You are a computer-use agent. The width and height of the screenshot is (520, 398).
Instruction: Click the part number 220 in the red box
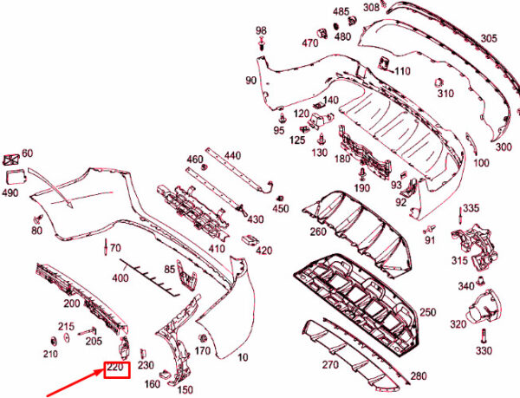tap(116, 370)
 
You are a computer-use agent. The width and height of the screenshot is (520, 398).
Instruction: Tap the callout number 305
tap(489, 38)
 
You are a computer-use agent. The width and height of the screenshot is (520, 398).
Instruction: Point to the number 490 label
tap(10, 193)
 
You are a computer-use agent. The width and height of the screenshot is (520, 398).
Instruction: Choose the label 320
tap(459, 324)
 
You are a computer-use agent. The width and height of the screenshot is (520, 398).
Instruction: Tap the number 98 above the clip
tap(262, 31)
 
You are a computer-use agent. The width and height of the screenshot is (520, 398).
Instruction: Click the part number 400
tap(120, 277)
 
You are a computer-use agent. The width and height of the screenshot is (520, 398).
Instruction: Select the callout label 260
tap(318, 232)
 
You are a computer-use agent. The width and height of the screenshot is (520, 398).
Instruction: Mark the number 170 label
tap(202, 351)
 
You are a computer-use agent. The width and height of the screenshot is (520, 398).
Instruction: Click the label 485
tap(341, 12)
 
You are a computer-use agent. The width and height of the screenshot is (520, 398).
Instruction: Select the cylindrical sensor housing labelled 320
tap(484, 308)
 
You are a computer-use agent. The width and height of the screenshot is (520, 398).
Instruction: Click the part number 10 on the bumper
tap(242, 358)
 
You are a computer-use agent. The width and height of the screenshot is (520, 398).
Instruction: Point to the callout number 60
tap(28, 153)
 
